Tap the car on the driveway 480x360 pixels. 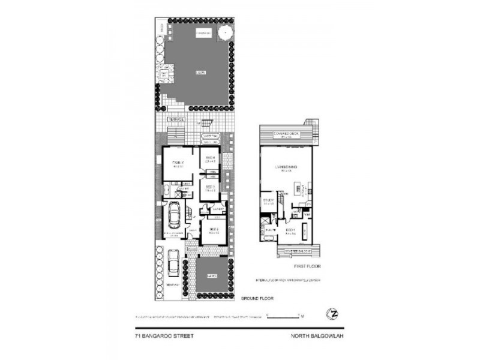[x=174, y=262]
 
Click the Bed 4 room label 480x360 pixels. [x=211, y=160]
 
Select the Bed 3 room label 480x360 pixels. [x=210, y=188]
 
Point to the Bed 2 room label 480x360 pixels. [x=213, y=229]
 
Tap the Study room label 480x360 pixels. [x=268, y=202]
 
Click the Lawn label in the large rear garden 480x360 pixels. [x=200, y=73]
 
